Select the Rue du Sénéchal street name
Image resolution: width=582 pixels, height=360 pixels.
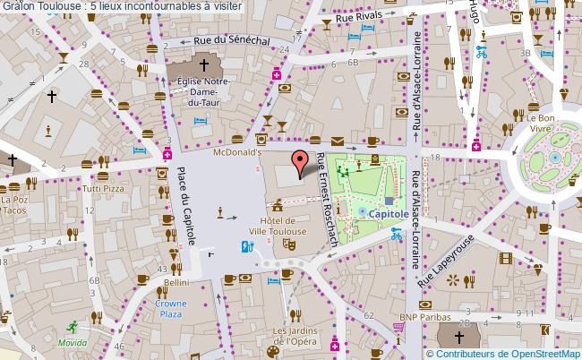pos(235,41)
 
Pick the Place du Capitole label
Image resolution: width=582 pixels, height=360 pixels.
pos(185,206)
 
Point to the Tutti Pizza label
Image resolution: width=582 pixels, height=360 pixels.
pos(103,190)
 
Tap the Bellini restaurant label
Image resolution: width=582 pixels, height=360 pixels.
pos(175,282)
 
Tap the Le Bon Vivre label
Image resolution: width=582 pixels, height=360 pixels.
pos(543,123)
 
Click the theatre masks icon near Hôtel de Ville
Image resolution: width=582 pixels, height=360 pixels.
pos(288,243)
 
